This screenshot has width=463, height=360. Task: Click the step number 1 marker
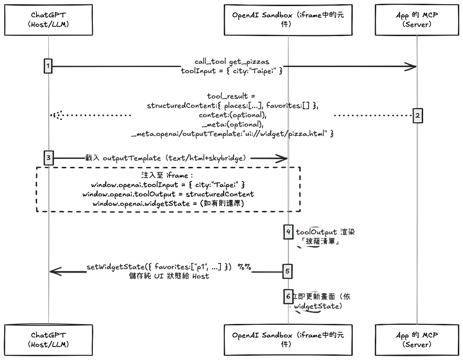(48, 67)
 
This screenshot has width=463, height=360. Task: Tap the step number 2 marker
(417, 115)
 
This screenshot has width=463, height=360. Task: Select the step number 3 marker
(48, 158)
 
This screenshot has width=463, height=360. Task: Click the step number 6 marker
(288, 296)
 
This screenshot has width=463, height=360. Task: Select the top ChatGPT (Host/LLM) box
(48, 19)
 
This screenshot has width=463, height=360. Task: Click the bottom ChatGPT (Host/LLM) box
(48, 340)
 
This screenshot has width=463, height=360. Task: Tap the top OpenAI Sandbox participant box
(288, 19)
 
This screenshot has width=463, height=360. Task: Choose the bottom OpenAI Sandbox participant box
(288, 340)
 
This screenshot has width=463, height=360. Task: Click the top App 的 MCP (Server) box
(417, 19)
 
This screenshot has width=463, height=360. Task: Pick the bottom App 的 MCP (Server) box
(417, 340)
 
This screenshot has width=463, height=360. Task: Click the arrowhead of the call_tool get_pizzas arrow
(412, 67)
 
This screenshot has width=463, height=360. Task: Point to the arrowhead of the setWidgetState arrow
(54, 271)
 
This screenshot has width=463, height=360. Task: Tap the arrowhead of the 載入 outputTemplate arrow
(283, 159)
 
